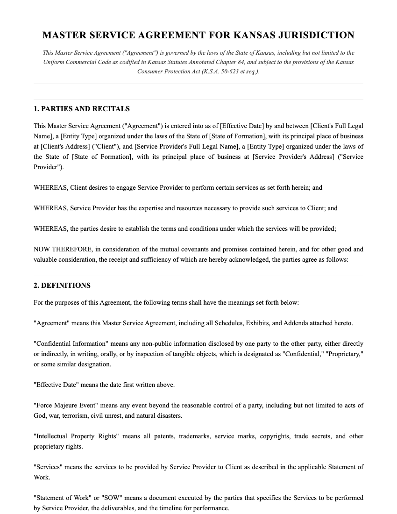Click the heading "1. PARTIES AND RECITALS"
point(82,109)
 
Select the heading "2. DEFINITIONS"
point(62,286)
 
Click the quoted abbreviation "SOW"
point(103,498)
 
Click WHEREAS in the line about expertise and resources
point(50,208)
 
